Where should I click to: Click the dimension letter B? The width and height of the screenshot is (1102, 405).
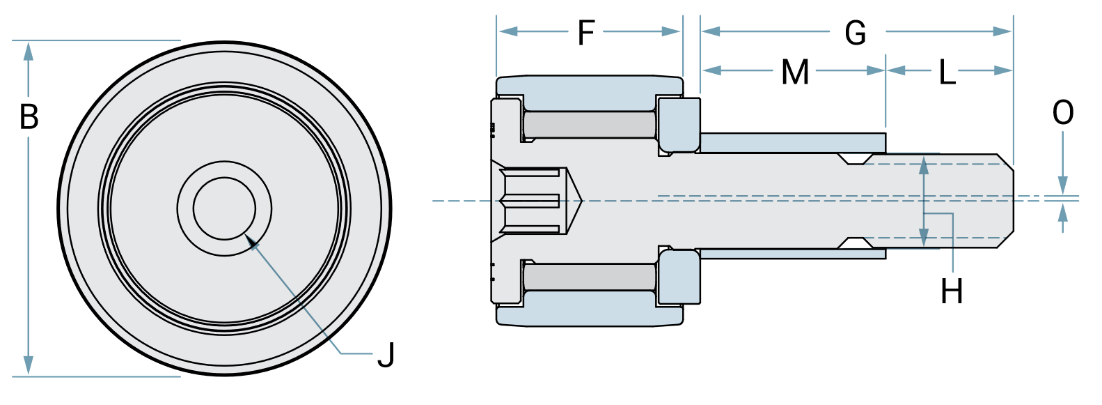(x=29, y=116)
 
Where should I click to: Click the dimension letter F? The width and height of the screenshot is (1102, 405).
(x=586, y=32)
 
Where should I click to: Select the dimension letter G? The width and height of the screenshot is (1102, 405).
(x=855, y=33)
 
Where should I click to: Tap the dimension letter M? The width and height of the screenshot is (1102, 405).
(x=795, y=72)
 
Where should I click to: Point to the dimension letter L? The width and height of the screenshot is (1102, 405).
(x=947, y=72)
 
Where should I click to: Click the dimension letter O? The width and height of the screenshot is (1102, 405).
(x=1063, y=113)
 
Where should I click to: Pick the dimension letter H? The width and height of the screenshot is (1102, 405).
(x=952, y=291)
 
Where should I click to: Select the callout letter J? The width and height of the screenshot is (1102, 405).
(x=386, y=355)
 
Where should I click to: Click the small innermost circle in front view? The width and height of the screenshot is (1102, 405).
(x=224, y=208)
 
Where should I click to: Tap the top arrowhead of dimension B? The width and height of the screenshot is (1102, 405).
(x=29, y=50)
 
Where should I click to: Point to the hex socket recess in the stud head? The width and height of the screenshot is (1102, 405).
(x=533, y=201)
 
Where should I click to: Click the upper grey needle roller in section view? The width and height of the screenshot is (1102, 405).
(x=589, y=125)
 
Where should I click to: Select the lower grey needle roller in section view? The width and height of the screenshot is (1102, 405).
(x=589, y=277)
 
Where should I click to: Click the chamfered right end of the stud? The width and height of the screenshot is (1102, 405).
(x=1005, y=201)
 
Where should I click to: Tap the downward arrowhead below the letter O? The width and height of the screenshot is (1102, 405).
(x=1062, y=185)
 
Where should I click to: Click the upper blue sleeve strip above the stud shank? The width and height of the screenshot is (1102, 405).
(x=792, y=143)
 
